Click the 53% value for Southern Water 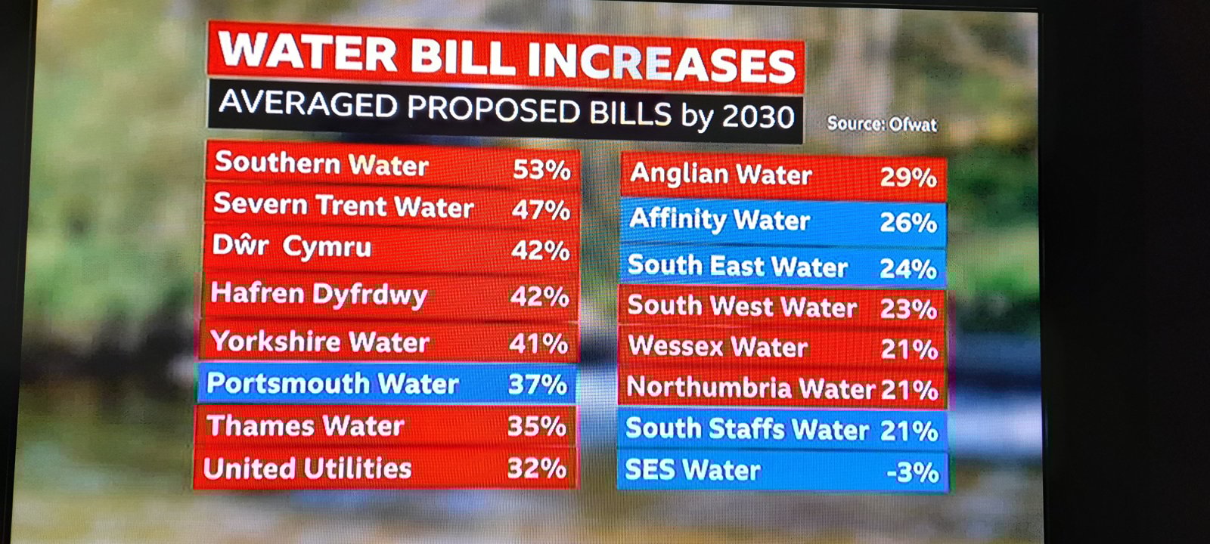click(x=541, y=170)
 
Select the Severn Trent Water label click(x=343, y=206)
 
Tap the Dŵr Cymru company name click(x=292, y=247)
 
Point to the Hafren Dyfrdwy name click(x=318, y=294)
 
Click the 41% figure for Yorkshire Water click(x=538, y=344)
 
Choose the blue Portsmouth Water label click(x=332, y=384)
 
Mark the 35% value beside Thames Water click(x=536, y=426)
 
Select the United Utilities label click(x=307, y=468)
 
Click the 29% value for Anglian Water click(x=908, y=178)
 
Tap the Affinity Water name click(x=719, y=220)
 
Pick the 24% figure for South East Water click(x=908, y=269)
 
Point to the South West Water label click(x=742, y=307)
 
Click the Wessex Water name click(x=718, y=347)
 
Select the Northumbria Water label click(x=750, y=388)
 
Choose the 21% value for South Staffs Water click(x=909, y=431)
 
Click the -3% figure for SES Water click(x=913, y=472)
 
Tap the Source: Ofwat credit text click(x=882, y=124)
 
